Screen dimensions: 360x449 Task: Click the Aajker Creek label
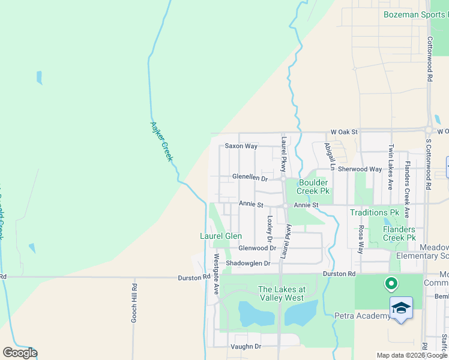coord(161,140)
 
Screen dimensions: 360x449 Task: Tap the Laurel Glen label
coord(221,236)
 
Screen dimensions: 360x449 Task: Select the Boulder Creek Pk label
coord(313,187)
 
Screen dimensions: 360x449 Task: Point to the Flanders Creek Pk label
coord(399,233)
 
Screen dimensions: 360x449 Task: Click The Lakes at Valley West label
coord(282,293)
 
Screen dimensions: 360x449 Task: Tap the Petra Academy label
coord(364,316)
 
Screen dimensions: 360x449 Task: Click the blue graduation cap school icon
coord(401,309)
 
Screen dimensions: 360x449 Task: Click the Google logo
coord(20,353)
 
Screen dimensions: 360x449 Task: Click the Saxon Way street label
coord(241,146)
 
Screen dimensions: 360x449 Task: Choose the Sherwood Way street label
coord(360,169)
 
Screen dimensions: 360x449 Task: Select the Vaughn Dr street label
coord(246,347)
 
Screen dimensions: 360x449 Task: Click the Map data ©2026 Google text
coord(412,355)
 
